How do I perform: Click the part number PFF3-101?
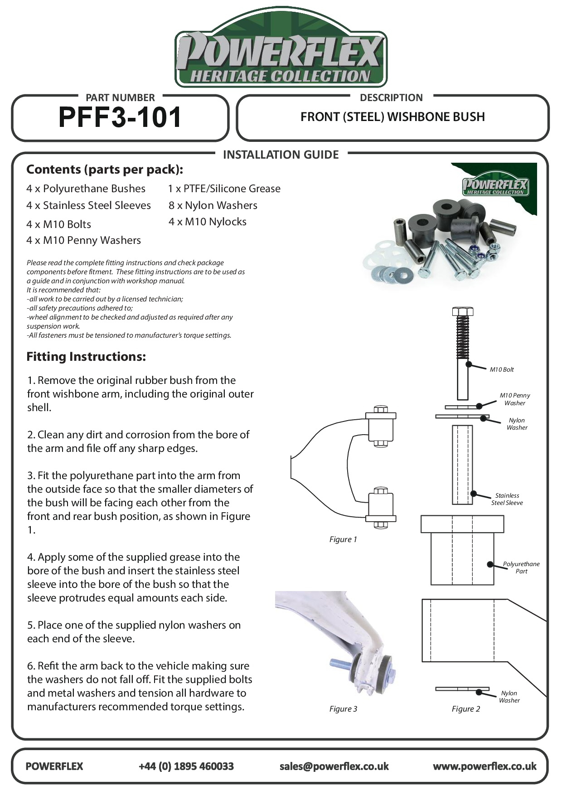tap(120, 117)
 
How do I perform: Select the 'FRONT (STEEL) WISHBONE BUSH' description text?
tap(392, 117)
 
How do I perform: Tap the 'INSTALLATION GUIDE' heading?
tap(281, 155)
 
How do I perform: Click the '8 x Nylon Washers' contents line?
tap(213, 205)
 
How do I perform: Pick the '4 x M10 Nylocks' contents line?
tap(208, 222)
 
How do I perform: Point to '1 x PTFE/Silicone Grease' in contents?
tap(224, 189)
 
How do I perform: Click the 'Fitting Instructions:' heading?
tap(86, 357)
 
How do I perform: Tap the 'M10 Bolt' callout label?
tap(502, 369)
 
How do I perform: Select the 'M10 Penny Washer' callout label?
tap(515, 399)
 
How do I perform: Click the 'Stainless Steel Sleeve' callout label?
tap(507, 499)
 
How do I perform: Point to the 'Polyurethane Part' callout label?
tap(521, 567)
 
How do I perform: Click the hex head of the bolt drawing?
tap(462, 311)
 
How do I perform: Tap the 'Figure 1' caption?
tap(343, 539)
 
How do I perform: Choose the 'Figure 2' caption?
tap(465, 709)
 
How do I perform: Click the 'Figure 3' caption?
tap(343, 709)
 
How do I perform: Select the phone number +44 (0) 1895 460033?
tap(186, 766)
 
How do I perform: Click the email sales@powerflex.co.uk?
tap(334, 766)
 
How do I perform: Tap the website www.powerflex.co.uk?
tap(484, 766)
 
